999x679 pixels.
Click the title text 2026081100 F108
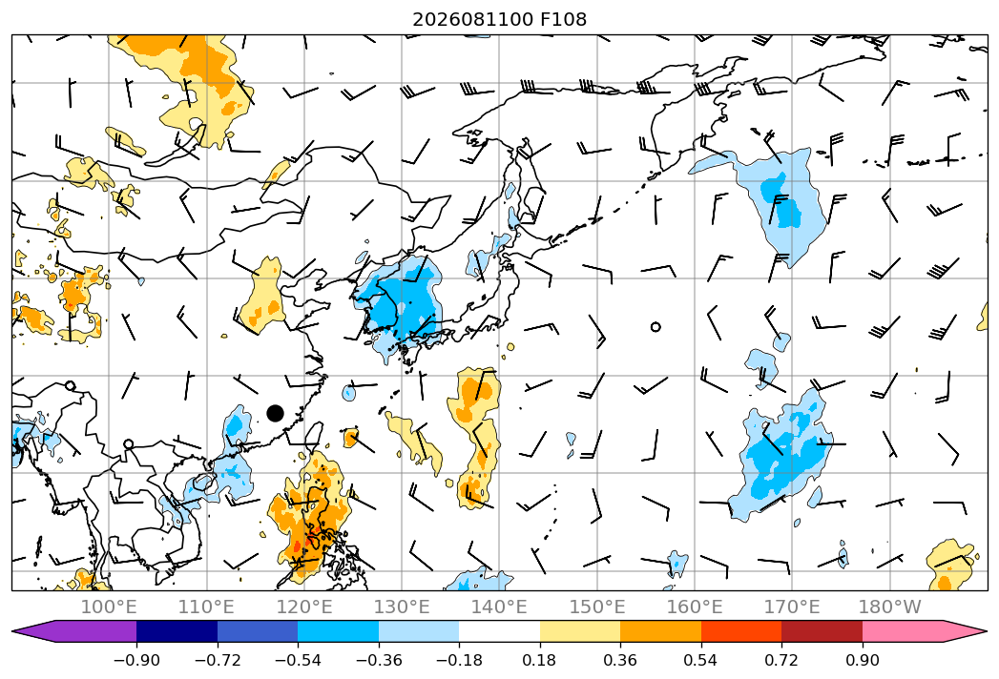click(500, 19)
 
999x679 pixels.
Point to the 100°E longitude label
click(109, 607)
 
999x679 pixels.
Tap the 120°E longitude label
click(304, 607)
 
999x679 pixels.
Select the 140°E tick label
click(499, 607)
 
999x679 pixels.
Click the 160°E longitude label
click(695, 607)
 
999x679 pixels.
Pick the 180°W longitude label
click(890, 607)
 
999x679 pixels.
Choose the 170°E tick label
click(792, 607)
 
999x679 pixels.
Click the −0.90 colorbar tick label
click(136, 660)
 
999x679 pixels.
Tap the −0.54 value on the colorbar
click(298, 660)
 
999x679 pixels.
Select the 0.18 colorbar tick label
click(540, 660)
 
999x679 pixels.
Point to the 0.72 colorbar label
click(781, 660)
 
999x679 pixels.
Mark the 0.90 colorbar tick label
click(862, 660)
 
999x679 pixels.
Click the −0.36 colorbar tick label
click(379, 660)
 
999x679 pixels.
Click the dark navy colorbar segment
click(177, 631)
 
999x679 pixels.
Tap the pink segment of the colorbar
click(918, 631)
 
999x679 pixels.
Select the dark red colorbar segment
click(822, 631)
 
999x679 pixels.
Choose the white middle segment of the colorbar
click(500, 631)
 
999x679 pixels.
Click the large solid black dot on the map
click(275, 413)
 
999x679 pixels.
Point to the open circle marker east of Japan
click(656, 327)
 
